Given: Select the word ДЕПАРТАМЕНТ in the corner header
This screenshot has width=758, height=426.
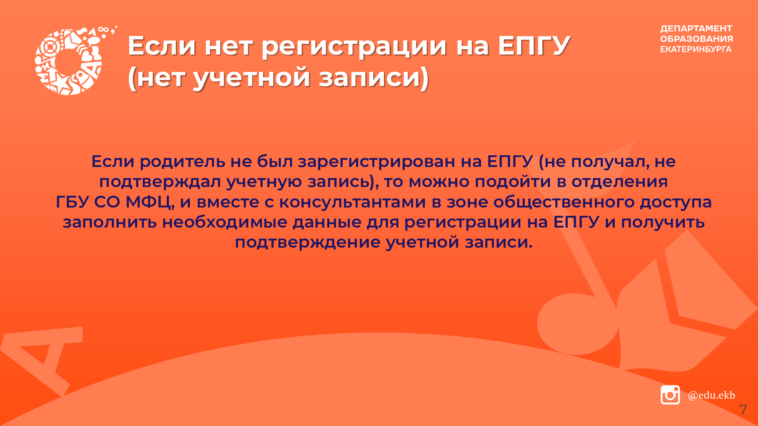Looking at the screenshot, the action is (696, 29).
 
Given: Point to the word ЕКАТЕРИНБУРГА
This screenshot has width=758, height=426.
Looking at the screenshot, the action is (696, 49).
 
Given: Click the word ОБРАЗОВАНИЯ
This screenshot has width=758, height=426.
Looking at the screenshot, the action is (697, 39).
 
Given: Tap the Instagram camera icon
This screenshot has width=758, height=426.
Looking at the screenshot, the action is (670, 395).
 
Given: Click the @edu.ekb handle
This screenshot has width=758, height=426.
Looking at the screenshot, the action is (711, 395).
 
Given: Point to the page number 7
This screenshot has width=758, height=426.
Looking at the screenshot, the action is (743, 409).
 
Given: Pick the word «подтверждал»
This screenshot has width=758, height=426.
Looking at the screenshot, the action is (160, 182).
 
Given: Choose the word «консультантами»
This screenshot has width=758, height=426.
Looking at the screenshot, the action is (352, 202).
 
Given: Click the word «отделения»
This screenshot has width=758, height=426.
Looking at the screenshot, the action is (620, 182).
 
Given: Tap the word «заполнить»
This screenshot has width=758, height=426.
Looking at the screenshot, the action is (110, 222).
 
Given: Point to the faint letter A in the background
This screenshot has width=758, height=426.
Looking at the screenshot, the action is (42, 360).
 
